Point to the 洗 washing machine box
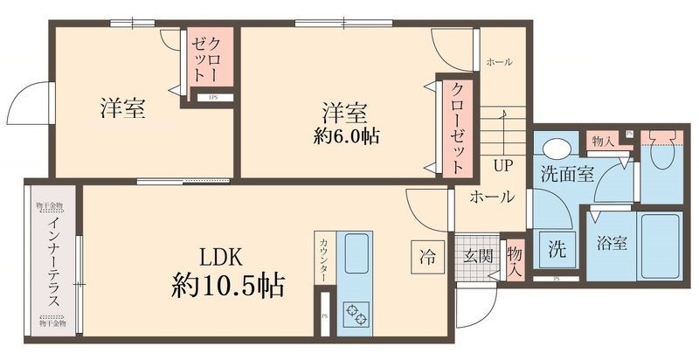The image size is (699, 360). pos(554,247)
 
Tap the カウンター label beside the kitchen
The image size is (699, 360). pos(323,260)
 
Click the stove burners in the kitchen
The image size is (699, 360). pos(358,313)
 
